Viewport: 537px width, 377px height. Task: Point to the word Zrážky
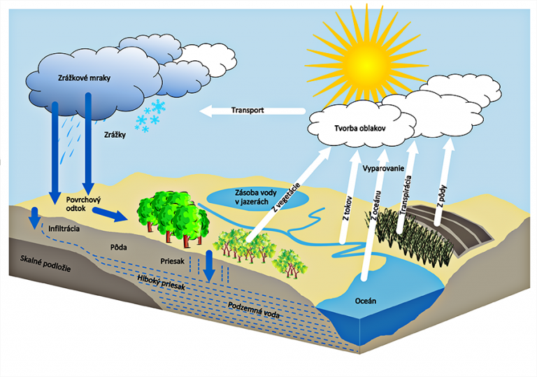115,134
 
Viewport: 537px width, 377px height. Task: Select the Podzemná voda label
254,311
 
